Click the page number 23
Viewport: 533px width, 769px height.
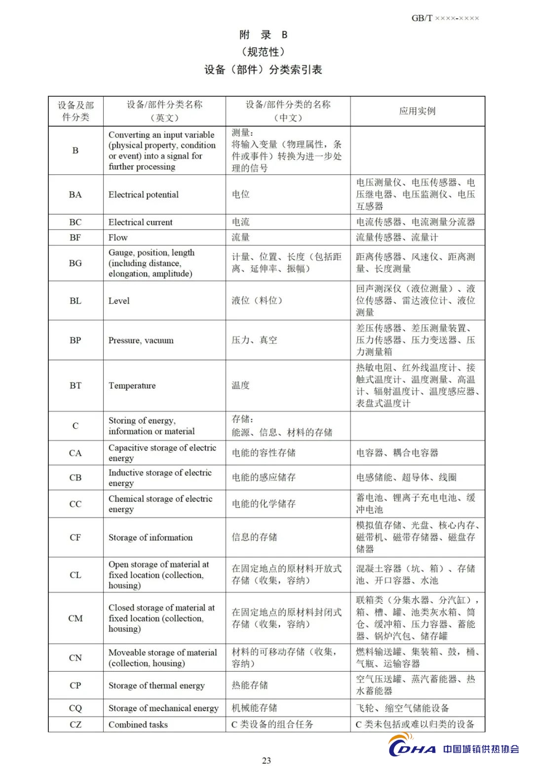(266, 760)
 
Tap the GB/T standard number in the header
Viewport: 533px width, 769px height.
(445, 18)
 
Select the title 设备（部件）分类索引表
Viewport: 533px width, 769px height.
(263, 70)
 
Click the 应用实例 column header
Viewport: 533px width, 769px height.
(417, 111)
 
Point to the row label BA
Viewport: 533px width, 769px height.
(76, 194)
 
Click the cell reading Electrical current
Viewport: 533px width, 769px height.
(141, 222)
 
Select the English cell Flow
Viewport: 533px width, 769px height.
(118, 237)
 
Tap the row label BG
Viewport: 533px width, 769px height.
(76, 263)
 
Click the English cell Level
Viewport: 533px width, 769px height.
(119, 301)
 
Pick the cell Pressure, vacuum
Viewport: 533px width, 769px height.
(141, 340)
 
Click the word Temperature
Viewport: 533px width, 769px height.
(132, 385)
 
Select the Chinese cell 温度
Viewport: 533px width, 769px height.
(241, 385)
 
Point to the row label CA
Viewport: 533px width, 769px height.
(76, 453)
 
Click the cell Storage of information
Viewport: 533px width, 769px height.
(151, 538)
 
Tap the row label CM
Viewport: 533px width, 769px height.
(76, 618)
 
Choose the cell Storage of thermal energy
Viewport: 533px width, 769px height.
(156, 686)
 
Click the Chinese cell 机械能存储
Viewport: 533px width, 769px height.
(255, 708)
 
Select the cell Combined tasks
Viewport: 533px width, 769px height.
(138, 725)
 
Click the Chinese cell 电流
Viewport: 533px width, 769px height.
(241, 222)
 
